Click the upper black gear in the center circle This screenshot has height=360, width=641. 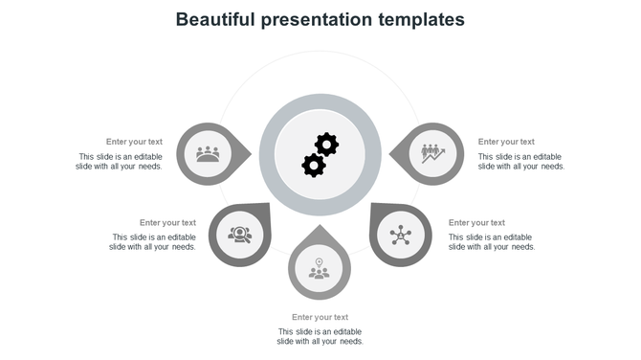pos(327,145)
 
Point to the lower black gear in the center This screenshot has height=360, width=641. pos(313,165)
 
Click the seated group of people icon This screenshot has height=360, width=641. pos(208,153)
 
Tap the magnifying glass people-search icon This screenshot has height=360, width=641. pos(239,235)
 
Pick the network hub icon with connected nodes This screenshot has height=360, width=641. pos(400,235)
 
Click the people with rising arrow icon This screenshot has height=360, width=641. pos(432,153)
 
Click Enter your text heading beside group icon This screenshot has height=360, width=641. pos(134,142)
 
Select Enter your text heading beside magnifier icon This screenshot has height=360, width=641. pos(167,223)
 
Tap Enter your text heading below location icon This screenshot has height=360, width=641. pos(320,317)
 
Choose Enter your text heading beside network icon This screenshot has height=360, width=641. pos(476,223)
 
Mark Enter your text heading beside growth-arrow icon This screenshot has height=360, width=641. pos(506,142)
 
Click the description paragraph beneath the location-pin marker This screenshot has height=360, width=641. pos(320,336)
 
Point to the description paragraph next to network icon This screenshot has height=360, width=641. pos(491,241)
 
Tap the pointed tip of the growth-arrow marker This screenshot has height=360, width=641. pos(390,153)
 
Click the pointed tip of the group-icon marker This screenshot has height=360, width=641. pos(251,153)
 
